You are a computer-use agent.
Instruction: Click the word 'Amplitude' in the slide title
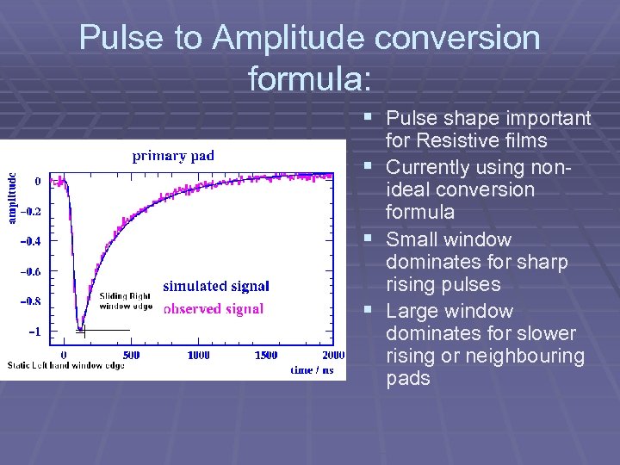click(x=284, y=38)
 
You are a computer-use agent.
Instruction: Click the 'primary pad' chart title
click(x=173, y=156)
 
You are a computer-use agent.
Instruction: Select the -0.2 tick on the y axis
click(x=29, y=212)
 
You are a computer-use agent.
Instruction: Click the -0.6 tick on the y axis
click(x=29, y=271)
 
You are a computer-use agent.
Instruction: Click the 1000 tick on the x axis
click(x=198, y=355)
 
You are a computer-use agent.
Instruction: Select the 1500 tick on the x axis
click(x=265, y=355)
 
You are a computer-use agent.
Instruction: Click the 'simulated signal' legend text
click(x=215, y=287)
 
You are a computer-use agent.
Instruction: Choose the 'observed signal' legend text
click(x=213, y=309)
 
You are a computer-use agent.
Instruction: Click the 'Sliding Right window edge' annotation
click(x=125, y=301)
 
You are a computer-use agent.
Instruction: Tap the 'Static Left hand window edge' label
click(x=65, y=366)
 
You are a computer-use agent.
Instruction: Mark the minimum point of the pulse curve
click(x=81, y=327)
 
